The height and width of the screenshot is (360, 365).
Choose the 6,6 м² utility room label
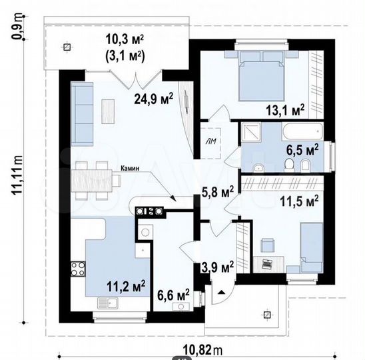tap(173, 293)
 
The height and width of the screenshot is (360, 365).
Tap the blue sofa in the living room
tap(83, 114)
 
